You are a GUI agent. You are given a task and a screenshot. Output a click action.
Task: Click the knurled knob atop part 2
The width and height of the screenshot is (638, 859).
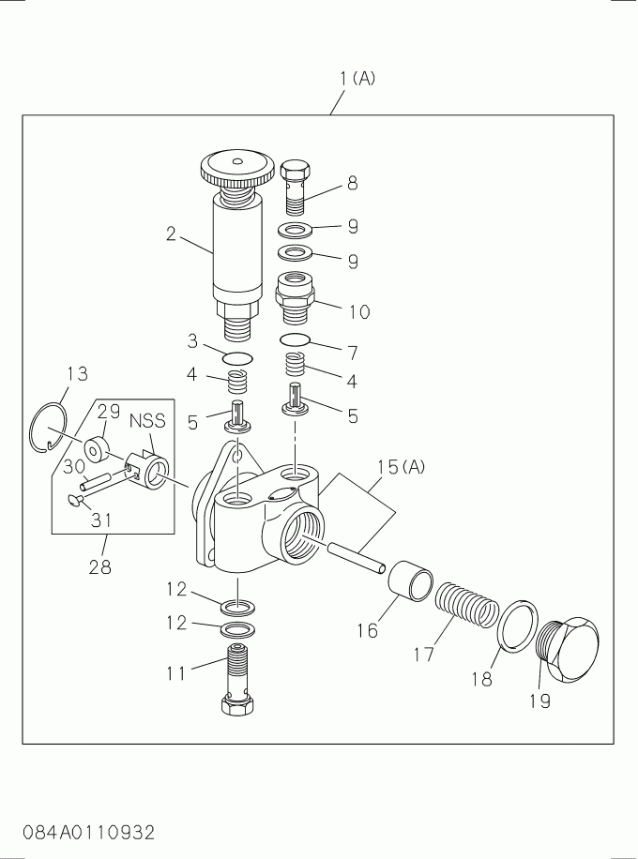236,170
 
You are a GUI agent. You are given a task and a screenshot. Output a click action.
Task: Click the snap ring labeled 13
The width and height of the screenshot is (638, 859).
48,428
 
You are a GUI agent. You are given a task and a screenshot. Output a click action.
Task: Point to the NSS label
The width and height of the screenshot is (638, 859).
146,422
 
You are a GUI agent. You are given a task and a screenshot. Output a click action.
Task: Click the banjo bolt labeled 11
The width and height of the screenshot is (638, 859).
237,674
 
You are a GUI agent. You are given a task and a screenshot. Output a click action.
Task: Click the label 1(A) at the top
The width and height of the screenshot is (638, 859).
357,79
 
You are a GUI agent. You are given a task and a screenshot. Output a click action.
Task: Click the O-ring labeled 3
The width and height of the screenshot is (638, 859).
237,357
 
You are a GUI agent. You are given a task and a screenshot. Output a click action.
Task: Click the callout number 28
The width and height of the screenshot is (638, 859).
99,566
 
